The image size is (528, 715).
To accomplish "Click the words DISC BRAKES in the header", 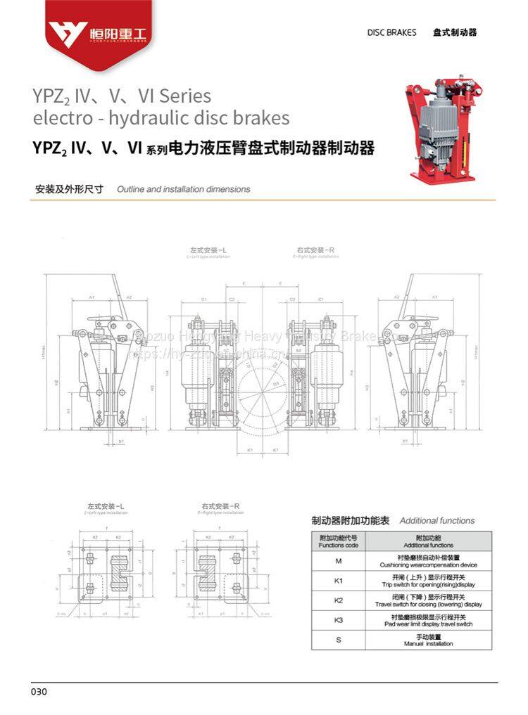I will [x=391, y=32].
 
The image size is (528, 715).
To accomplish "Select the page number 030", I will [x=39, y=692].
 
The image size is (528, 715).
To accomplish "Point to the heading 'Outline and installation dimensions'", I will [x=183, y=189].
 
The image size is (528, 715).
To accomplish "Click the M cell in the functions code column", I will [x=338, y=562].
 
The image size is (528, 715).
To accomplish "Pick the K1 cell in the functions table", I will [x=338, y=581].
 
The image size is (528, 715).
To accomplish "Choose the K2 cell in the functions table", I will [x=338, y=600].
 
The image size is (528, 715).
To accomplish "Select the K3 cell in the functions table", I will [x=338, y=620].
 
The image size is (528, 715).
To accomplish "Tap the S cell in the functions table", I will [x=338, y=640].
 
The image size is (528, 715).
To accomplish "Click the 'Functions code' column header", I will [x=338, y=541].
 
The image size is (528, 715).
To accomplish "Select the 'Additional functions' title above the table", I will [x=437, y=521].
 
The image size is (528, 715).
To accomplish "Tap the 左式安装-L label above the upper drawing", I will [x=208, y=250].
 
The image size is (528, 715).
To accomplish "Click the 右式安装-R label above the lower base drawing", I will [x=221, y=506].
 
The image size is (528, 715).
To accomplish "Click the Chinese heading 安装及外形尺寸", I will [x=69, y=189].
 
